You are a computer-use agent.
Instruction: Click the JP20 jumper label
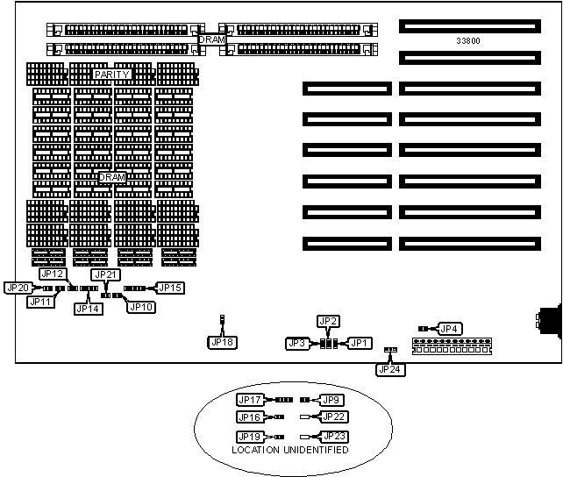tap(18, 288)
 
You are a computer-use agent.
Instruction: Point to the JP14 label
tap(88, 308)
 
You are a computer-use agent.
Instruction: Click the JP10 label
tap(141, 307)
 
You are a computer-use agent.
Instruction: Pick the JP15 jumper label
tap(170, 288)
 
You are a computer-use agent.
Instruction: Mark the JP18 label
tap(222, 341)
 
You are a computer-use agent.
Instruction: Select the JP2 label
tap(327, 321)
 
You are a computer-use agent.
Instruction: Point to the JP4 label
tap(449, 329)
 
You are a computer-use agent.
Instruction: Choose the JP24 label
tap(388, 369)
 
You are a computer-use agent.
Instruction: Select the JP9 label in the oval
tap(331, 400)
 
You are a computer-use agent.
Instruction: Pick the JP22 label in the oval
tap(334, 416)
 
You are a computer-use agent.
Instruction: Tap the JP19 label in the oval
tap(250, 436)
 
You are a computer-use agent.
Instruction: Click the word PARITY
tap(112, 75)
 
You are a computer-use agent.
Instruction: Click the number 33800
tap(468, 41)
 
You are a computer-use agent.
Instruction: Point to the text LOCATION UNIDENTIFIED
tap(290, 450)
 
